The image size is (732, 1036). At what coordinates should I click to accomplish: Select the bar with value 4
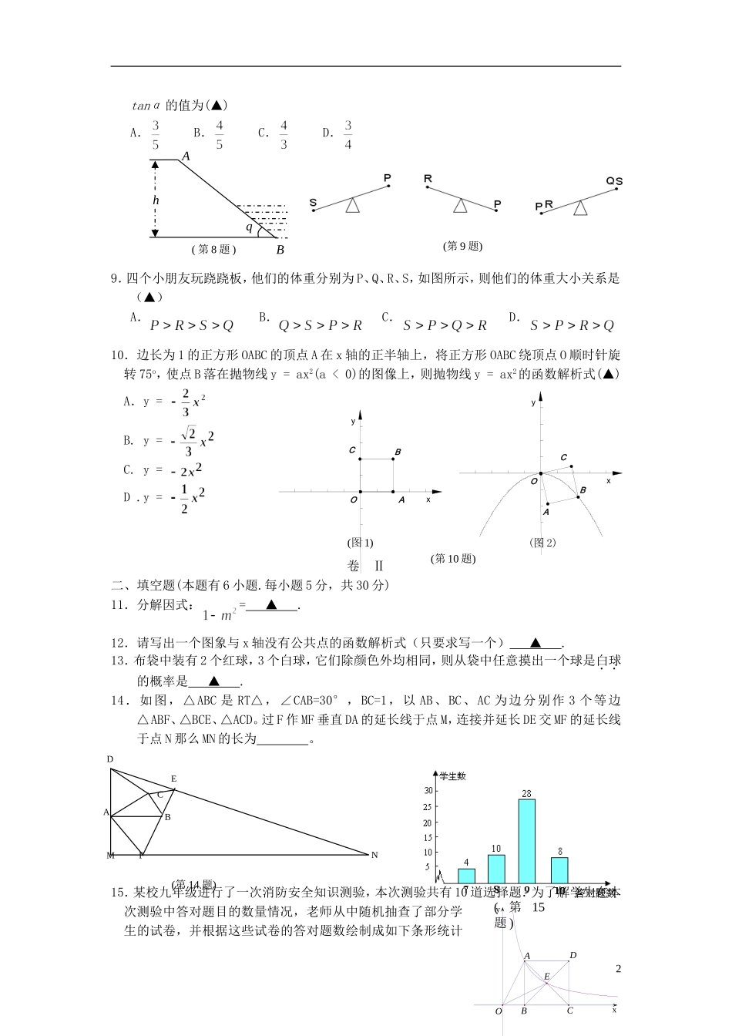[x=466, y=876]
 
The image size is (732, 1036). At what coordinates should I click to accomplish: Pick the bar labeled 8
[x=559, y=869]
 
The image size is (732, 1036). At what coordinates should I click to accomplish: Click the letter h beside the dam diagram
[x=156, y=200]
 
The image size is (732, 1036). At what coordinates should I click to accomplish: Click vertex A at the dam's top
[x=185, y=156]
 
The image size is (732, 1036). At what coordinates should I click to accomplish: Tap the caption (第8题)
[x=213, y=249]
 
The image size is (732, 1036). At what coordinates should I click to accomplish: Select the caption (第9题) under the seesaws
[x=462, y=247]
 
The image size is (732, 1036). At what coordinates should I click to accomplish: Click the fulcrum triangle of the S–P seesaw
[x=352, y=206]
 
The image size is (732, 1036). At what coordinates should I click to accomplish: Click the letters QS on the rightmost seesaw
[x=614, y=182]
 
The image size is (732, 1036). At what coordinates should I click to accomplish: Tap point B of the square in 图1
[x=398, y=452]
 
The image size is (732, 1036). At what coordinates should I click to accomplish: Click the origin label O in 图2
[x=532, y=481]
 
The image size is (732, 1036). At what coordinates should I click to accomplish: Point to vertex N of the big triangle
[x=374, y=855]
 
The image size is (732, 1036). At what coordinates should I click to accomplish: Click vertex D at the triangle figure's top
[x=110, y=760]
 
